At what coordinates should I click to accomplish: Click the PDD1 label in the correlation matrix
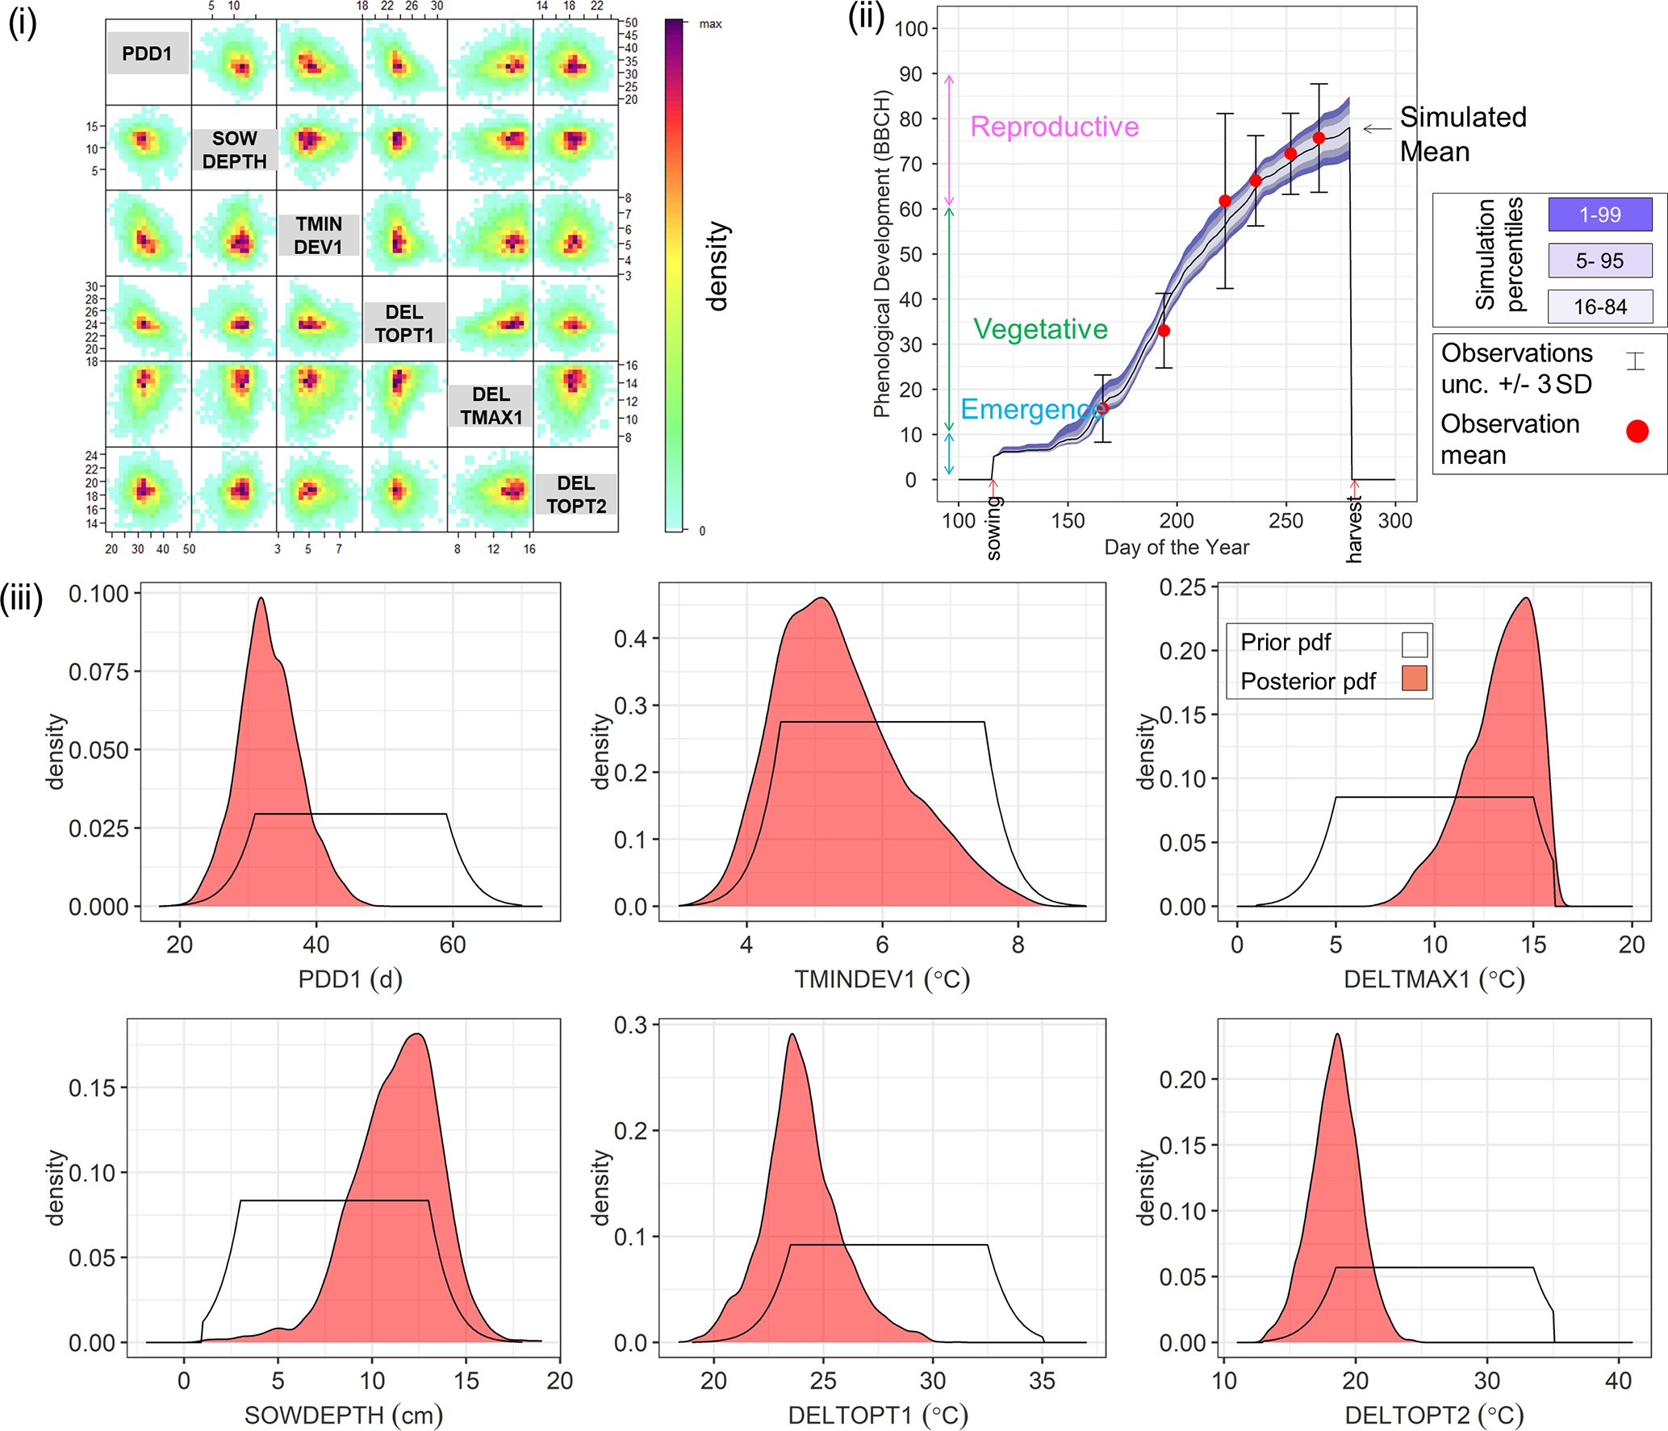[148, 54]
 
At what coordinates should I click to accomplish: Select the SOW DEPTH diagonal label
[234, 150]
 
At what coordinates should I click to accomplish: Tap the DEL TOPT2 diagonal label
[576, 494]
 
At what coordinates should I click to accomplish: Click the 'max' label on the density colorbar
[710, 24]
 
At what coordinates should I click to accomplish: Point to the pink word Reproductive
[1054, 127]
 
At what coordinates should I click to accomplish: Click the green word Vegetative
[1040, 329]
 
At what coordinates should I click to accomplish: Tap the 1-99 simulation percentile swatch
[1599, 215]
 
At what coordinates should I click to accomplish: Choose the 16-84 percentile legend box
[1599, 307]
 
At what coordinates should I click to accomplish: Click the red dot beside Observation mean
[1637, 432]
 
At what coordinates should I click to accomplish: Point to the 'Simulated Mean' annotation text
[1462, 134]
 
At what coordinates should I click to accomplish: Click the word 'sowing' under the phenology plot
[994, 528]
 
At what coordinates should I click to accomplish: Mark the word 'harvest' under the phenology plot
[1354, 531]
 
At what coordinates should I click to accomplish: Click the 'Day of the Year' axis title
[1176, 548]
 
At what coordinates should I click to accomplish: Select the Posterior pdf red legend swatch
[1414, 678]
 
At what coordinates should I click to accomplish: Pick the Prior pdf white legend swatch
[1414, 644]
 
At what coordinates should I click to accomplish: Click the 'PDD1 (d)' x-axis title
[350, 979]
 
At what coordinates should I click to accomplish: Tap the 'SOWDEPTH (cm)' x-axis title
[344, 1415]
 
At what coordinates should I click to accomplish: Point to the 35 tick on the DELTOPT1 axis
[1042, 1381]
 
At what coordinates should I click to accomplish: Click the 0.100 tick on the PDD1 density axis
[98, 595]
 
